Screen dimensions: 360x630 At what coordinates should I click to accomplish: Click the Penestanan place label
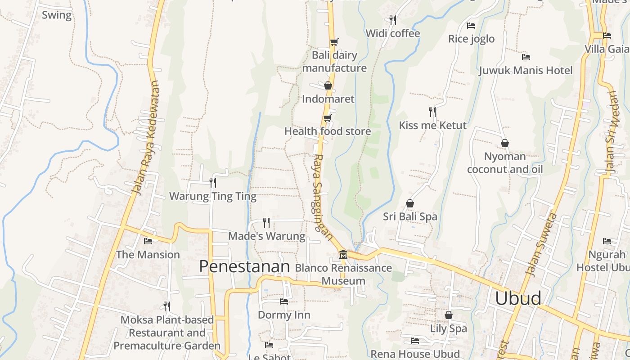tap(244, 266)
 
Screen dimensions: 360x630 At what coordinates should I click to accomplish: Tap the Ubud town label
tap(518, 298)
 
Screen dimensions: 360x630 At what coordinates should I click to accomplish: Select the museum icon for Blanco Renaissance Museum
tap(343, 255)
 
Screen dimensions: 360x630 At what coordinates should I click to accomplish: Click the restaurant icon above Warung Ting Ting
tap(213, 182)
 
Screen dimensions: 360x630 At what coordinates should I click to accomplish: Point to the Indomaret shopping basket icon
tap(328, 85)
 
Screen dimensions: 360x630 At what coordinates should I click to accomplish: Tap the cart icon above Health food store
tap(328, 118)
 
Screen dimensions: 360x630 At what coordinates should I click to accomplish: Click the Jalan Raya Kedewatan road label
tap(146, 138)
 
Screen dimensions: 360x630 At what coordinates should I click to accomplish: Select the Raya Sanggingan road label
tap(323, 198)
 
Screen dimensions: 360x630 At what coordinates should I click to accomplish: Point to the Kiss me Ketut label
tap(432, 125)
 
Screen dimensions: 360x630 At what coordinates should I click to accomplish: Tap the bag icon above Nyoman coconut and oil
tap(505, 143)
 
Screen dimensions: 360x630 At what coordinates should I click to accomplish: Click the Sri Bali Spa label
tap(410, 216)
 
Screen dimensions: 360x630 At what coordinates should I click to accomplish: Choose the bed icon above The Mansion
tap(148, 241)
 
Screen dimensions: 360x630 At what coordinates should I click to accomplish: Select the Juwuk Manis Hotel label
tap(526, 70)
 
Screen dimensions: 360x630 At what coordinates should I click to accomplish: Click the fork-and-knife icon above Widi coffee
tap(393, 20)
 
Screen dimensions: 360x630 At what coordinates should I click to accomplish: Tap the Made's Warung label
tap(266, 236)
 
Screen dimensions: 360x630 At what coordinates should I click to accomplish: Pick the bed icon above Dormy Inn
tap(284, 301)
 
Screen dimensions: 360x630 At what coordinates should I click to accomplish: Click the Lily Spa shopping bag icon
tap(448, 315)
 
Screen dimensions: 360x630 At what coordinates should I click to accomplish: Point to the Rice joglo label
tap(471, 39)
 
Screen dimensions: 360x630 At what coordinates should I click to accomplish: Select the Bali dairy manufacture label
tap(334, 62)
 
